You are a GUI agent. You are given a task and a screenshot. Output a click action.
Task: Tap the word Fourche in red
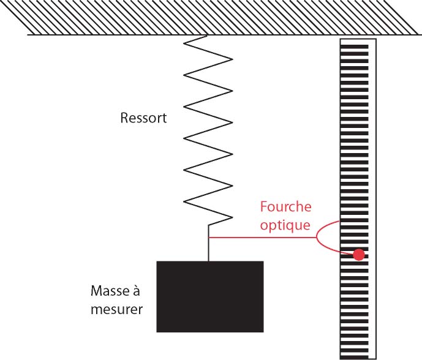286,207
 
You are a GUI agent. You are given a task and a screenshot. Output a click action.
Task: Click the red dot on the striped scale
359,254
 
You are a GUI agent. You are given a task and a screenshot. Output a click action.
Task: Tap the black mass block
210,296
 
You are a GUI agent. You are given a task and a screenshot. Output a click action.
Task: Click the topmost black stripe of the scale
355,45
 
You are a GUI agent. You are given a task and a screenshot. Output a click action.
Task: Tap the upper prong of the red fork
327,226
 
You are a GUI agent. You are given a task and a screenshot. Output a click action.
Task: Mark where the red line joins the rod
209,237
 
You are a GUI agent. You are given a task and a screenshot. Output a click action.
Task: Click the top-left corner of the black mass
157,262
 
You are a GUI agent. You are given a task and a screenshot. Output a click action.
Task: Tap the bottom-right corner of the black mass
263,332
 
